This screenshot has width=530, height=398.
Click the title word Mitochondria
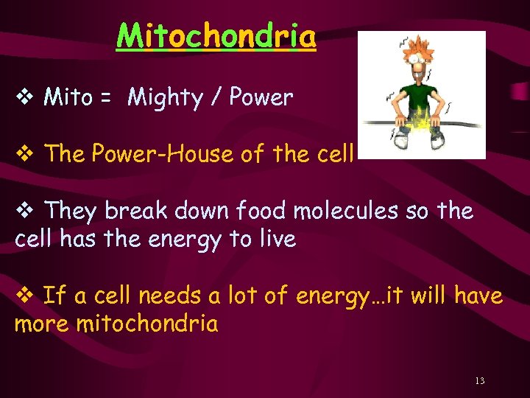(216, 35)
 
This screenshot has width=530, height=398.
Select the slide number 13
(480, 381)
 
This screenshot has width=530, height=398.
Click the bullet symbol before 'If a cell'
(24, 296)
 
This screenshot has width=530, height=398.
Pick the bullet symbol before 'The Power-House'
(24, 154)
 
